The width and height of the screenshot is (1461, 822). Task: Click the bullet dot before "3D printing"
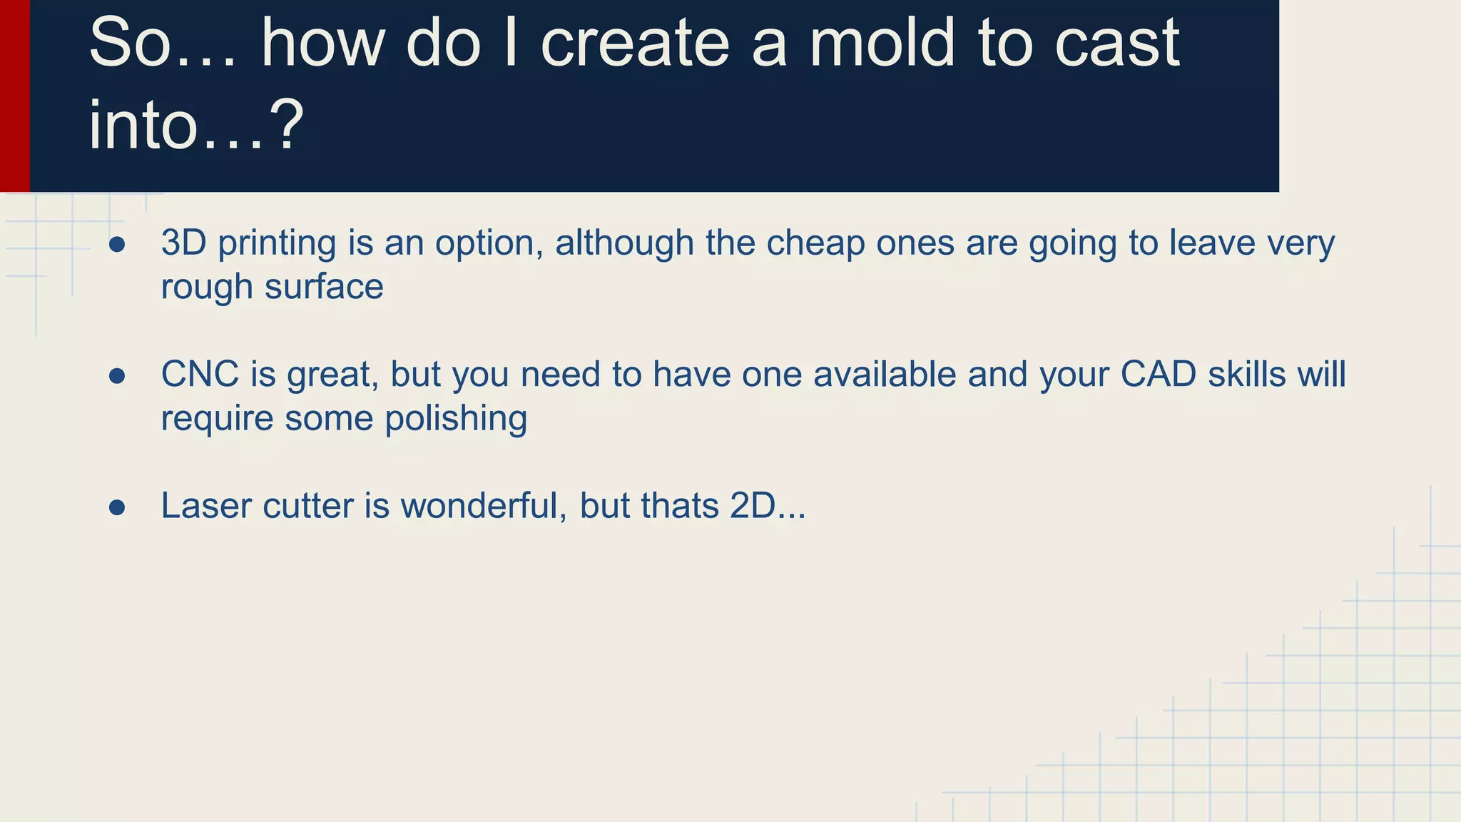coord(117,245)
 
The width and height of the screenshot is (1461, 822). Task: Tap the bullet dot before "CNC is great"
coord(117,376)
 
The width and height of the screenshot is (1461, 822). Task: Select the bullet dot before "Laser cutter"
coord(117,507)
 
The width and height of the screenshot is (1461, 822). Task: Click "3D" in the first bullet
coord(183,243)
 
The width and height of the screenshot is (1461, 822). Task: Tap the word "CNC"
coord(200,374)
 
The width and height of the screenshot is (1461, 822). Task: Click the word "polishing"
coord(456,418)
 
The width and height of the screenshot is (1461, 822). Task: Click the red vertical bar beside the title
coord(15,96)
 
